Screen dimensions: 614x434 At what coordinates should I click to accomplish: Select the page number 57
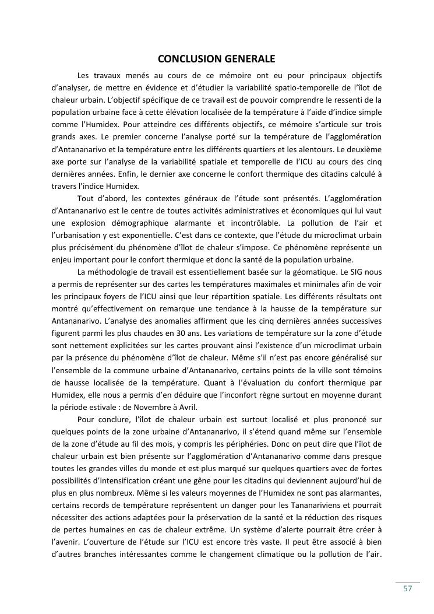point(407,589)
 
